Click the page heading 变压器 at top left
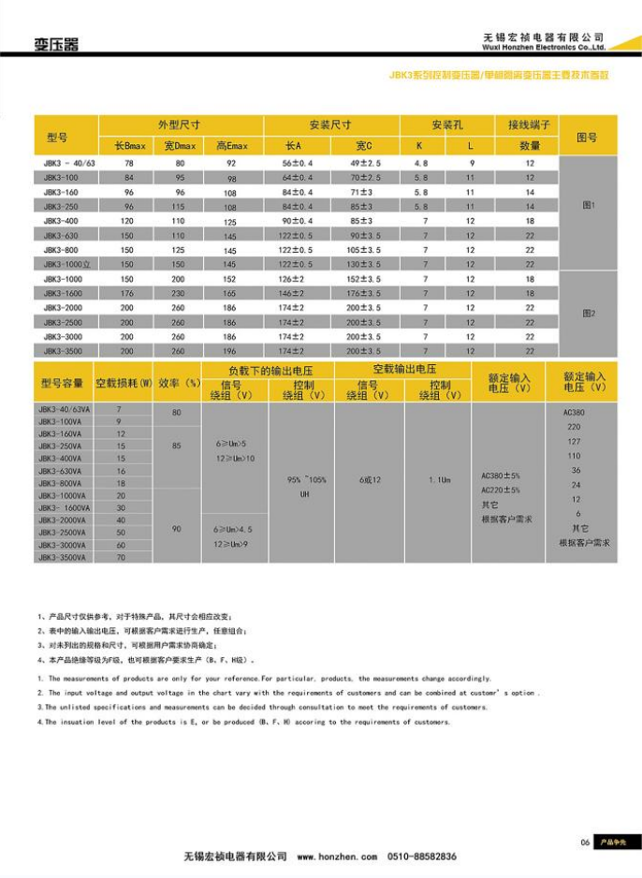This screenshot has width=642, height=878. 57,43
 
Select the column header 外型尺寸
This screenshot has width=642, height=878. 179,124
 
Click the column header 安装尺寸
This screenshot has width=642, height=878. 330,124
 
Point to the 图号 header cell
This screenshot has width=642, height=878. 587,137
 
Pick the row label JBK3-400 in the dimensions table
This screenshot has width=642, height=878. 59,221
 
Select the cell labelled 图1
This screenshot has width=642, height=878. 588,205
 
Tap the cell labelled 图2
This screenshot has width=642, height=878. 588,314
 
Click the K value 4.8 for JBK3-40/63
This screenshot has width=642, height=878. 420,163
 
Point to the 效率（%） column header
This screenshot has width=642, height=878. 178,383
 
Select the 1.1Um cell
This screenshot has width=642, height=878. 438,479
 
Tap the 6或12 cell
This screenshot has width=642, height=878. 370,479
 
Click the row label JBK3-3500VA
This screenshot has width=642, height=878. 62,557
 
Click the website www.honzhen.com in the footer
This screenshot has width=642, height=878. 337,856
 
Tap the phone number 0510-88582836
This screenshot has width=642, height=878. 422,856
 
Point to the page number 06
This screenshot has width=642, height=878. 585,842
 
